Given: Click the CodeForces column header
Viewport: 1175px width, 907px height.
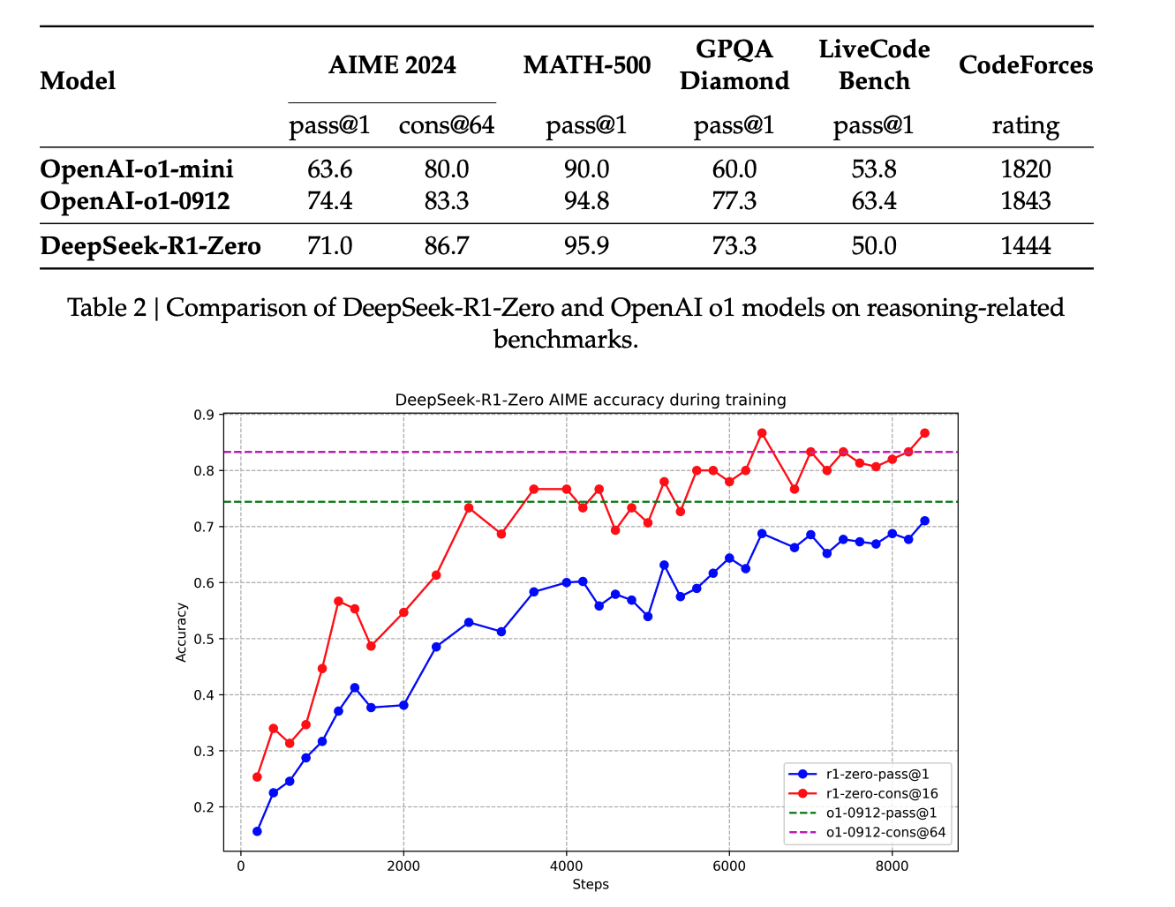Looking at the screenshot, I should tap(1025, 65).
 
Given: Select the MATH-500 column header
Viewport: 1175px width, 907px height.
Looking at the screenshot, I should tap(586, 65).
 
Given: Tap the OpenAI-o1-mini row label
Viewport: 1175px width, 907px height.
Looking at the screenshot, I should tap(137, 169).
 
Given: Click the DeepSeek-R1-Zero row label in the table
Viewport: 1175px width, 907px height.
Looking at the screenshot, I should tap(150, 245).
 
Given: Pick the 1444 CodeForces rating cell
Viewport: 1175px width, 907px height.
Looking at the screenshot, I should tap(1025, 245).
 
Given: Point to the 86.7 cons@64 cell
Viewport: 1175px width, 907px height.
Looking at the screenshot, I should tap(446, 245).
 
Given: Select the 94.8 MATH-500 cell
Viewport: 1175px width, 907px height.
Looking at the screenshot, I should tap(586, 201).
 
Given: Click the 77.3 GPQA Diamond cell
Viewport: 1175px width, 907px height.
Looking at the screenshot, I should tap(734, 201).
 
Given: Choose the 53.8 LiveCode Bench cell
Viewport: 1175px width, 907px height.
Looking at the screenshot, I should tap(873, 169).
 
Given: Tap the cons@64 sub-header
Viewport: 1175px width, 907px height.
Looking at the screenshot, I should tap(446, 125).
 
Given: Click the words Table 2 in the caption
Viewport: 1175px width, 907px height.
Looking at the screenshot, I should tap(106, 307).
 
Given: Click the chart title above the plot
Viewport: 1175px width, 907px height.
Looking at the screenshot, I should tap(590, 400).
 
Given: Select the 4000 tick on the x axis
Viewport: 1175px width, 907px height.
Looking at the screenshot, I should tap(566, 866).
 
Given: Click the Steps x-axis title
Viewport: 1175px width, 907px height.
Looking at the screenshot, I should tap(590, 884).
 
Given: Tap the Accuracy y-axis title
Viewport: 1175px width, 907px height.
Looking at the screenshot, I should tap(182, 632).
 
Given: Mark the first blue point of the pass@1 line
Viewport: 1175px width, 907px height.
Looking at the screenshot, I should tap(257, 831).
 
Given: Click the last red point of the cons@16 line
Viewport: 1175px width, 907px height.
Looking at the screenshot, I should tap(924, 433).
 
